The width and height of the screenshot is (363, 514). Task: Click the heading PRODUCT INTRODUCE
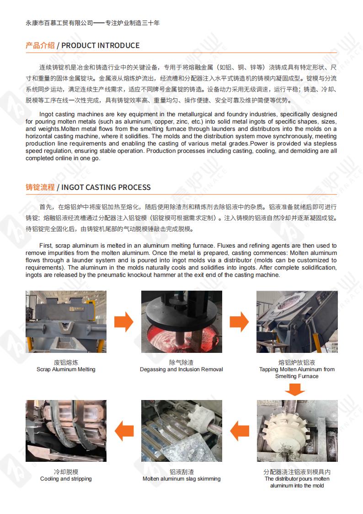(x=100, y=45)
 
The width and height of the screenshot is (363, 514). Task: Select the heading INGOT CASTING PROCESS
(x=106, y=187)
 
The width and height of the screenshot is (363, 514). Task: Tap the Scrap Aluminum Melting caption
(x=66, y=369)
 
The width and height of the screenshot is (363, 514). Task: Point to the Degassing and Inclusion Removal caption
(x=181, y=369)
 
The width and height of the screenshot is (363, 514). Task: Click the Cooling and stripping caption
(x=66, y=479)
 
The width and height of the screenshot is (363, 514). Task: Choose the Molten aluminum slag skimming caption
(x=181, y=479)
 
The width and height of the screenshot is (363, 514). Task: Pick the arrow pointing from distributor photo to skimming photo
(x=239, y=431)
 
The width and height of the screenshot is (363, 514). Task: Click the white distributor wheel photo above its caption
(x=297, y=431)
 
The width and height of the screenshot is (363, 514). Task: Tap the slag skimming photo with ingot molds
(x=181, y=431)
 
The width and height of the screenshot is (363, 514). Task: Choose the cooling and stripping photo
(x=66, y=431)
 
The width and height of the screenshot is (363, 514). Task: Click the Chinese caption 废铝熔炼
(x=66, y=363)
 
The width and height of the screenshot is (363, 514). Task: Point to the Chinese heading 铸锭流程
(x=40, y=187)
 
